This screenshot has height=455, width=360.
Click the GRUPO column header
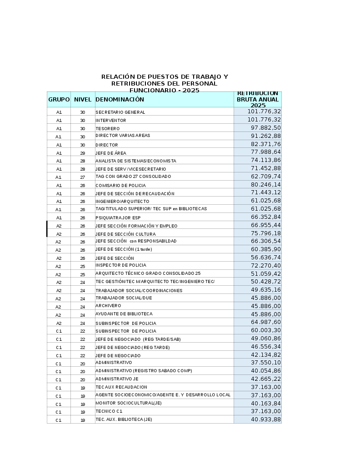click(59, 99)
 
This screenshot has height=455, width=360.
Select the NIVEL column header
click(83, 99)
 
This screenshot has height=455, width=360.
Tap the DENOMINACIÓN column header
click(120, 99)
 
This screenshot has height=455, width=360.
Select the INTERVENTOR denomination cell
click(110, 120)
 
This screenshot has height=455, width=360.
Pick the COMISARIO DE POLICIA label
click(120, 185)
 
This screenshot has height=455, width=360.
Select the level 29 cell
click(83, 153)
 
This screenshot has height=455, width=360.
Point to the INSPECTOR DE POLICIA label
click(120, 265)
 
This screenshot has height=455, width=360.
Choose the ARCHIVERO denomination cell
click(108, 306)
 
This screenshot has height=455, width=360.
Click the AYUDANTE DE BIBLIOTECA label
click(124, 314)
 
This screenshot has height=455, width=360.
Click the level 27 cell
click(83, 177)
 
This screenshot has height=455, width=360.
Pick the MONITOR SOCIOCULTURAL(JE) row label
click(128, 403)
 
